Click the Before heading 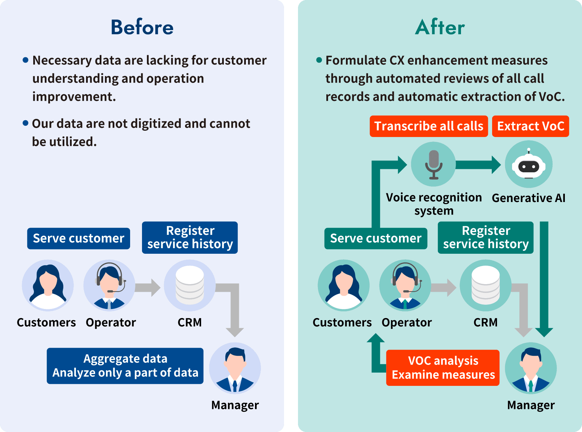click(x=142, y=27)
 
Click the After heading click(x=440, y=27)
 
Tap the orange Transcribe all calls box click(x=429, y=126)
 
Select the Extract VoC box click(x=531, y=126)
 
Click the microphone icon click(x=434, y=164)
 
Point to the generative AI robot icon click(x=528, y=165)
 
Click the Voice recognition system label click(x=434, y=204)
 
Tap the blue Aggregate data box click(x=125, y=366)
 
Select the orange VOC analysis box click(x=443, y=368)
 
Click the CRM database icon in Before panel click(x=190, y=285)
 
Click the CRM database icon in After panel click(x=485, y=285)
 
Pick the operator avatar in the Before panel click(x=109, y=285)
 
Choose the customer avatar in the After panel click(x=343, y=285)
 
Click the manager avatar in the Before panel click(x=235, y=368)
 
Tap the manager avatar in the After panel click(x=531, y=368)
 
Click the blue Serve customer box click(x=79, y=238)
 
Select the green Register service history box click(x=485, y=237)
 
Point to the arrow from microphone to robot click(x=478, y=165)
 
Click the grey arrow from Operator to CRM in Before click(x=147, y=287)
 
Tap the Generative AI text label click(x=528, y=198)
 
